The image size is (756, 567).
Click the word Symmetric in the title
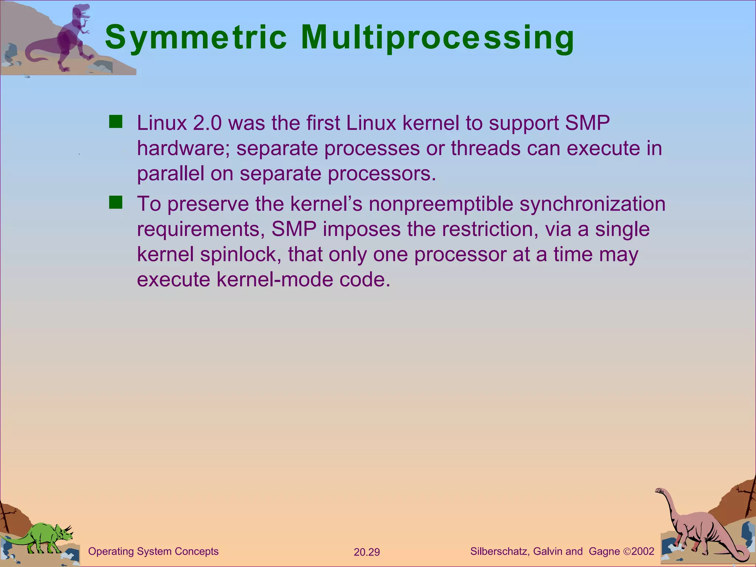coord(196,38)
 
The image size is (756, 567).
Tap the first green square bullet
coord(116,121)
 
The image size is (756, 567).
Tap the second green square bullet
coord(116,202)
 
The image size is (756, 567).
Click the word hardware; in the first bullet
coord(183,148)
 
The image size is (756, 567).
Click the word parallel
coord(171,173)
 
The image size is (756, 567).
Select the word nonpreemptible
coord(441,204)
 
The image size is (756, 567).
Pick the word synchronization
coord(592,204)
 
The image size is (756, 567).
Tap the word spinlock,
coord(241,254)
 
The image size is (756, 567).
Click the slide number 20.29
coord(367,552)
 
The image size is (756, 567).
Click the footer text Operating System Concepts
coord(153,551)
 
